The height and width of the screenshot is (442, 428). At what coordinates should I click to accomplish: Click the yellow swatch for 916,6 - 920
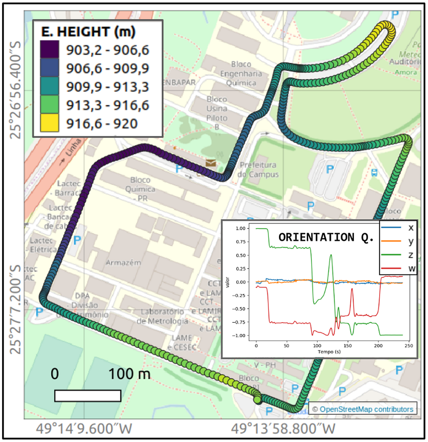click(51, 122)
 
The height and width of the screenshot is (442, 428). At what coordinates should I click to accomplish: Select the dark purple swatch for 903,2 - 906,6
click(51, 49)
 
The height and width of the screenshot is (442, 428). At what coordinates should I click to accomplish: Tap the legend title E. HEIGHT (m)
click(88, 32)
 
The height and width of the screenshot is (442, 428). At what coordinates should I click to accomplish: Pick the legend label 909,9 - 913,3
click(107, 86)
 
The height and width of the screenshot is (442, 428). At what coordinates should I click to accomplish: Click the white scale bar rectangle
click(88, 396)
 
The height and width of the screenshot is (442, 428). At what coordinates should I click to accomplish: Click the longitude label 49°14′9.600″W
click(84, 429)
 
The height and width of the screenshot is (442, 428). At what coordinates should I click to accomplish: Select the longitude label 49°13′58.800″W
click(283, 429)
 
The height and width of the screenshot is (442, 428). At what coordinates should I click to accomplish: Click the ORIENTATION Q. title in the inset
click(326, 237)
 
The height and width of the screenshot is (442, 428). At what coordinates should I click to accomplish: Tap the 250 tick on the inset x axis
click(409, 345)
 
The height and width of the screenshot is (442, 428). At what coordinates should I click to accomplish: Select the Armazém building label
click(124, 262)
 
